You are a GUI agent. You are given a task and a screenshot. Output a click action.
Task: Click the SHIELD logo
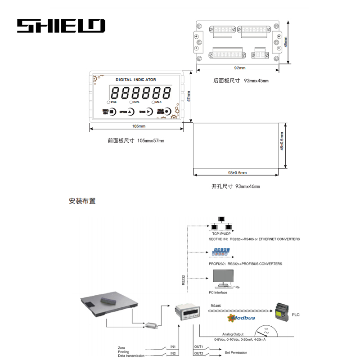click(x=61, y=26)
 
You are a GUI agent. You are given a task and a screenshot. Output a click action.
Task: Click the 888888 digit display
click(x=141, y=93)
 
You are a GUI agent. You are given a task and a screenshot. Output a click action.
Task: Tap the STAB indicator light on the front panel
click(x=108, y=103)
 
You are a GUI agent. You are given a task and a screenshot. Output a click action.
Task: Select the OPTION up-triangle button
click(x=130, y=112)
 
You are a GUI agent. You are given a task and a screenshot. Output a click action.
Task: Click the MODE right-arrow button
click(x=149, y=112)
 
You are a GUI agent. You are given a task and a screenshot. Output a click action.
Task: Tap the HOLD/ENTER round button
click(x=167, y=112)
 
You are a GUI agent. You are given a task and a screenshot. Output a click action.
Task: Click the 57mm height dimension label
click(x=189, y=96)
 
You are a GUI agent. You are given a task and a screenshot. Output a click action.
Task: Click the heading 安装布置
click(x=82, y=201)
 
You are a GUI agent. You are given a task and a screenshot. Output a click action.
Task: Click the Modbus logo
click(x=242, y=318)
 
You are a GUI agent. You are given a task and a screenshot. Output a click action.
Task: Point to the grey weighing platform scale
click(x=107, y=305)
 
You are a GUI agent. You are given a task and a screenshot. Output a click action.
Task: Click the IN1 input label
click(x=173, y=347)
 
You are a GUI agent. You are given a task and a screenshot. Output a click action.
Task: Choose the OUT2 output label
click(x=198, y=353)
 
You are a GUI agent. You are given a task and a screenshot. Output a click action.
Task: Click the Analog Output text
click(x=233, y=334)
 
